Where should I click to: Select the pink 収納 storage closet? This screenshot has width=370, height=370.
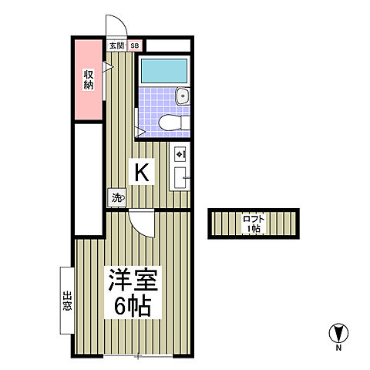pyautogui.click(x=89, y=79)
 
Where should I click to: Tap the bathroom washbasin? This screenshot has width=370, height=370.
pyautogui.click(x=181, y=96)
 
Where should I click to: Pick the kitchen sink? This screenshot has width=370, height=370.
pyautogui.click(x=180, y=177)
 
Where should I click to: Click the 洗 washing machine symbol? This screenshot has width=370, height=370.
pyautogui.click(x=116, y=197)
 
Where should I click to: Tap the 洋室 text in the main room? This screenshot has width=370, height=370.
pyautogui.click(x=128, y=279)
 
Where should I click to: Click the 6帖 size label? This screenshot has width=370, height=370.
pyautogui.click(x=128, y=306)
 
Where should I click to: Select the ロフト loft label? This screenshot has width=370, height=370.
pyautogui.click(x=253, y=219)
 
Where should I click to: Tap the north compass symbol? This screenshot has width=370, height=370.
pyautogui.click(x=337, y=334)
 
